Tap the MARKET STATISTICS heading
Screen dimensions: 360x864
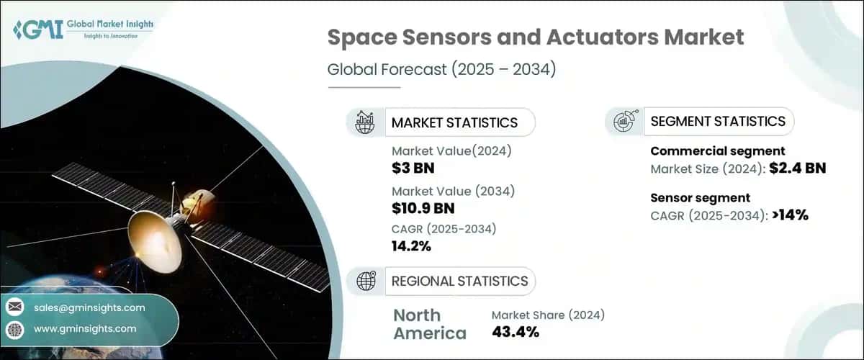click(x=454, y=122)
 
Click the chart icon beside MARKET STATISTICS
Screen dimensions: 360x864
click(x=365, y=122)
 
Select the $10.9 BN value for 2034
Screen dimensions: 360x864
click(x=423, y=209)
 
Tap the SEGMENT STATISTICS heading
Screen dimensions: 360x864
click(x=717, y=122)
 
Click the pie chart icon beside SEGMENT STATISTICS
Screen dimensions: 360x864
click(x=624, y=122)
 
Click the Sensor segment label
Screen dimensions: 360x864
click(x=700, y=197)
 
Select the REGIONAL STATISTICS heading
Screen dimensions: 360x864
click(x=459, y=281)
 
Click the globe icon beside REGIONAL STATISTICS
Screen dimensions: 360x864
click(x=365, y=281)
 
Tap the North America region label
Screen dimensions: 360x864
click(x=430, y=324)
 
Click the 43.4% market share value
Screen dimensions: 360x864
click(x=515, y=332)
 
